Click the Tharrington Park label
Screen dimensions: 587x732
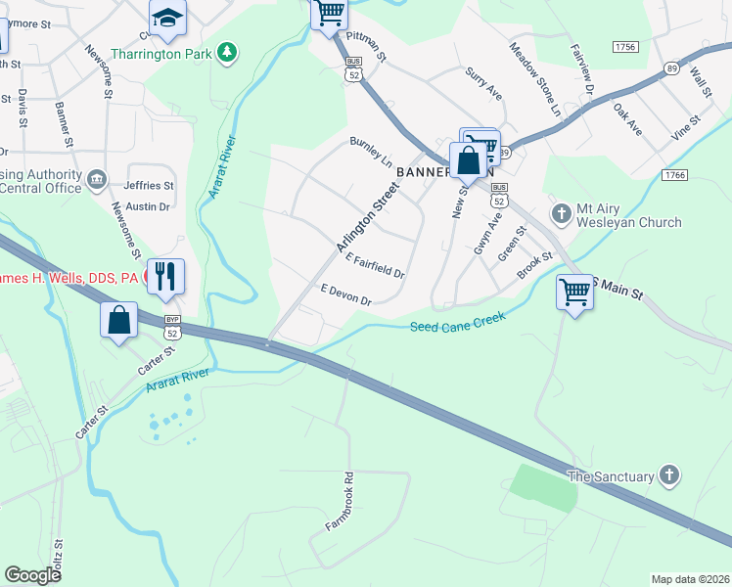(161, 54)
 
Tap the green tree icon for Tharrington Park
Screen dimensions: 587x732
(227, 51)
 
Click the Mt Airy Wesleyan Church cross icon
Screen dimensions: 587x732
(562, 212)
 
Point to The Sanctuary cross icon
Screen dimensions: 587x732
(669, 475)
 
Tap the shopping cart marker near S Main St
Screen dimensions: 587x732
(574, 291)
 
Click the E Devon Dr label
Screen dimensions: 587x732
(346, 294)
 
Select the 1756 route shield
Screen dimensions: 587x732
(625, 47)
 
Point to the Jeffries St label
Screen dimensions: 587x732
(149, 185)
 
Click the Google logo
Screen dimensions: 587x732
(33, 574)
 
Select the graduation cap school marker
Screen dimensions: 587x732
(167, 17)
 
